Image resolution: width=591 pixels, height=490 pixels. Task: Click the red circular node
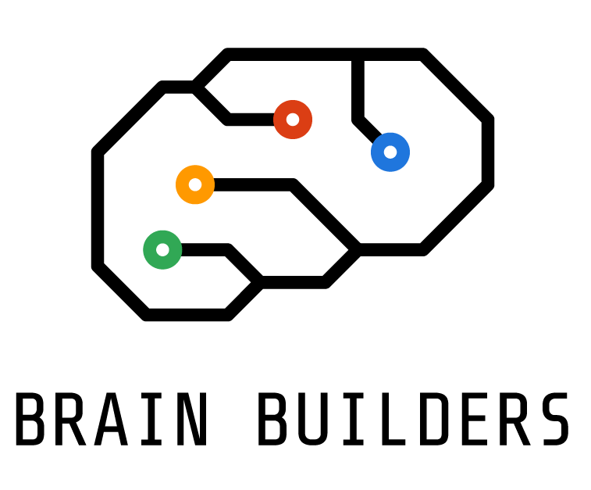tap(293, 120)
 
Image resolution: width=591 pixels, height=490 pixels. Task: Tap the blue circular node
tap(390, 152)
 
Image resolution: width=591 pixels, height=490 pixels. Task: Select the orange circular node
tap(195, 184)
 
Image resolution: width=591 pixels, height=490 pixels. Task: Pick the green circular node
tap(162, 250)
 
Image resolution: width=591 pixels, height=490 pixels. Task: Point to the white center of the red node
tap(293, 120)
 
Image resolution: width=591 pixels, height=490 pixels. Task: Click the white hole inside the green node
tap(162, 250)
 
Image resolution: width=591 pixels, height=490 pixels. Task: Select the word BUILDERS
tap(414, 420)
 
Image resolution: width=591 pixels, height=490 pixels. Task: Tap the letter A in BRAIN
tap(112, 420)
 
